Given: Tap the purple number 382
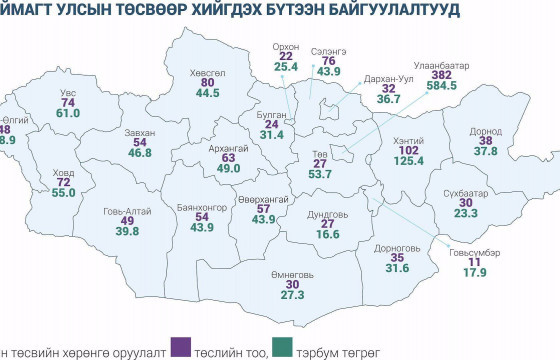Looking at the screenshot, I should point(442,75).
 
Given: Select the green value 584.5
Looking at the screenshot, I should point(441,87).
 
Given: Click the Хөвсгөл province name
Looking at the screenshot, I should point(208,72).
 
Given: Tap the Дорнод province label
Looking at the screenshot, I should point(486,130).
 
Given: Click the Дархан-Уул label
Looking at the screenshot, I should point(390,78).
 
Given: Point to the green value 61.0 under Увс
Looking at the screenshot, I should point(68,114).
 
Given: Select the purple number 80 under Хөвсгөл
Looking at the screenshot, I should point(208,82).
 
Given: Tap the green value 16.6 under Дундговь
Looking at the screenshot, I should point(327,234).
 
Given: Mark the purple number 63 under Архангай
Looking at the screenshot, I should point(229,157).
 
